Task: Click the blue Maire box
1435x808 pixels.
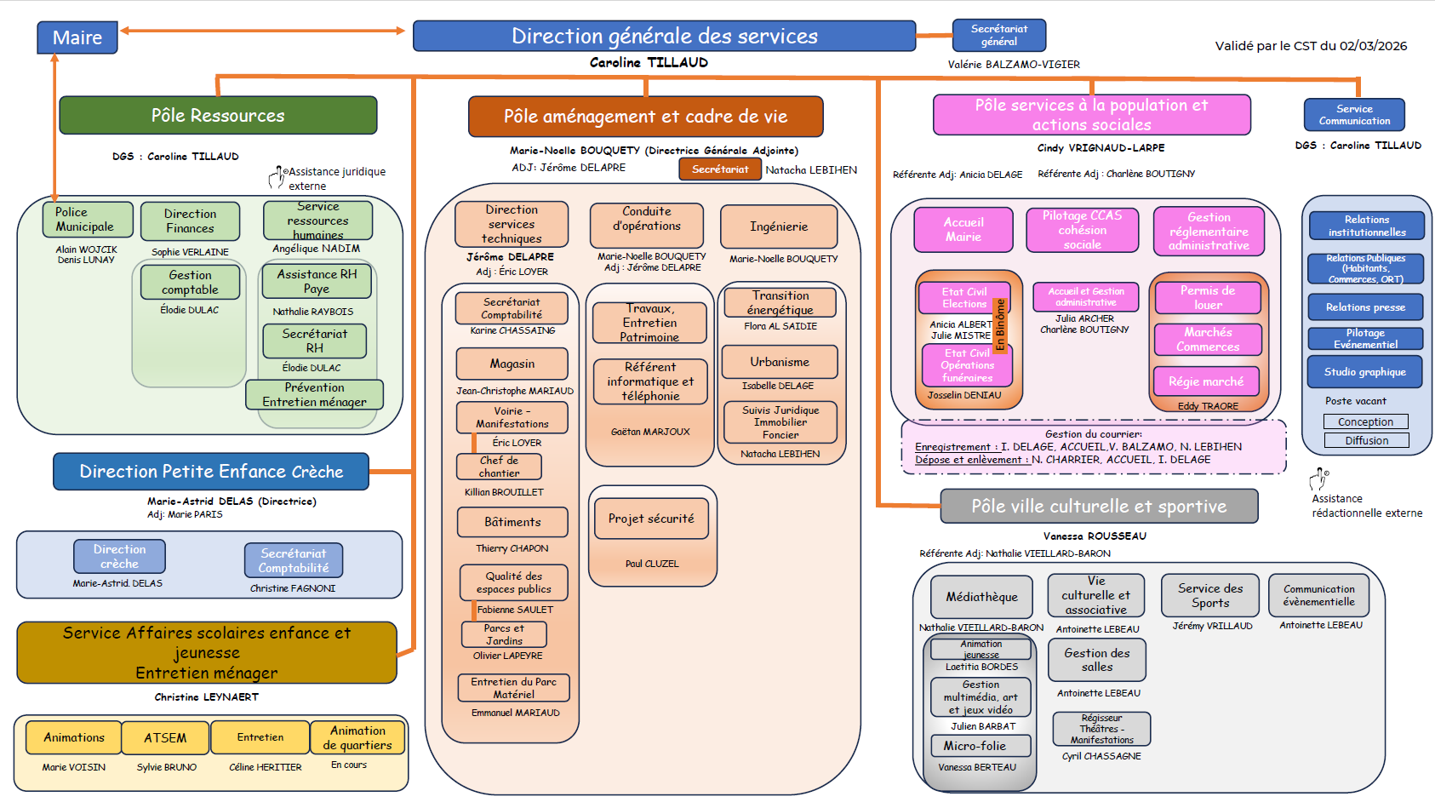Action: [77, 37]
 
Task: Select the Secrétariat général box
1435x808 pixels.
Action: [998, 35]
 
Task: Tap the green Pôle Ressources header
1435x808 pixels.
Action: [218, 115]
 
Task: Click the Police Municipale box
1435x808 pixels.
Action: [87, 220]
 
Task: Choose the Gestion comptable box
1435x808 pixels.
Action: [190, 282]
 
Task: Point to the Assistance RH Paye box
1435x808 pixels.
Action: [317, 281]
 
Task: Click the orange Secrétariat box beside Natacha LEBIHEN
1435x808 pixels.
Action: [720, 169]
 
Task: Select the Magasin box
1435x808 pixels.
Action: [512, 364]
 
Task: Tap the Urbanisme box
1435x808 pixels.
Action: [780, 362]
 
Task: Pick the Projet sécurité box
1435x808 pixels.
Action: [651, 519]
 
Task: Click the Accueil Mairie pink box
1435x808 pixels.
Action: [963, 230]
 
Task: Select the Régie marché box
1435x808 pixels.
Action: [1206, 381]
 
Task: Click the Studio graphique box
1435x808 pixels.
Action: [1365, 372]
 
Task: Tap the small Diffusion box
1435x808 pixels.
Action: [1366, 440]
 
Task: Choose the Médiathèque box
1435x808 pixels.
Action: [981, 597]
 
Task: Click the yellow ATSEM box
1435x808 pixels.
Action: [165, 738]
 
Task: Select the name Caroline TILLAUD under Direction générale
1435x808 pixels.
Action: [649, 62]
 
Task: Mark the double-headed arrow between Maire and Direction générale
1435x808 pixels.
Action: [262, 31]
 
